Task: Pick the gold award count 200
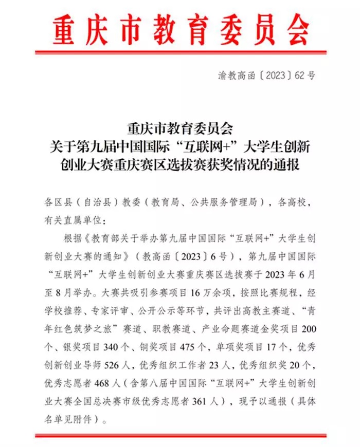coord(305,330)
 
